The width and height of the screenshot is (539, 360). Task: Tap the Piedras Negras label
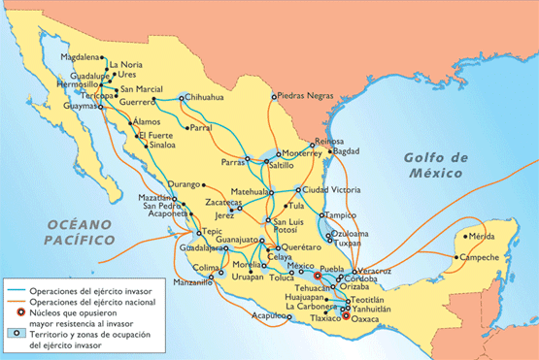click(x=305, y=96)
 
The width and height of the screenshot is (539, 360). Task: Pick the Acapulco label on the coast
click(x=271, y=316)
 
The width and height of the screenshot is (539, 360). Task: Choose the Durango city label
click(x=183, y=182)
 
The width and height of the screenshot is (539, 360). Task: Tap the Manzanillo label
click(x=192, y=282)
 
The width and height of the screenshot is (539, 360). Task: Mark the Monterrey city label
click(x=300, y=152)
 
